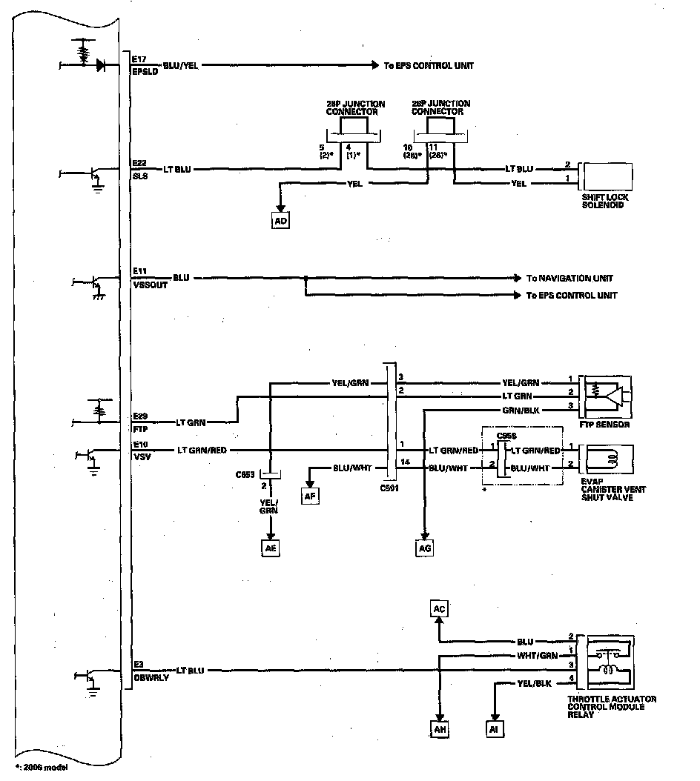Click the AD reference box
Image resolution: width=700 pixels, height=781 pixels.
coord(280,221)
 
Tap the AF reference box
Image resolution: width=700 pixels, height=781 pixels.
coord(309,496)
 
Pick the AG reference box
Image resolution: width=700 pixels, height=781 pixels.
coord(423,548)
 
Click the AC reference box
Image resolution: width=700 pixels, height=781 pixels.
coord(439,609)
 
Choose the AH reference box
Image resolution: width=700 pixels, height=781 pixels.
coord(440,729)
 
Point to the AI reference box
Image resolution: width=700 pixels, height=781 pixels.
coord(495,729)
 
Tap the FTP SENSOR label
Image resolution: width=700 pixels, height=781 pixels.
coord(607,425)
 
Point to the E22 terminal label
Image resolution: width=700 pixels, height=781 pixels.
coord(139,162)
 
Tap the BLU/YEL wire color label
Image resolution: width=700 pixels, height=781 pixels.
coord(182,65)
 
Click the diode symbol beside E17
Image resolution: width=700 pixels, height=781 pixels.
coord(100,65)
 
